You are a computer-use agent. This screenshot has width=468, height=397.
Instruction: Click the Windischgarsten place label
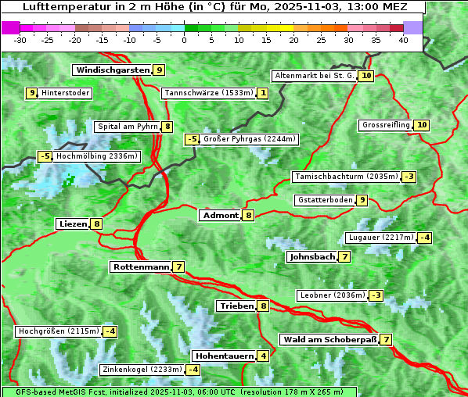pyautogui.click(x=113, y=70)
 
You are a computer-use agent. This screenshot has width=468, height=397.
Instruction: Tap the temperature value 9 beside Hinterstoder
pyautogui.click(x=32, y=93)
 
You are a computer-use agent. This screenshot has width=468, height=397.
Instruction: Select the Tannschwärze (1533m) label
pyautogui.click(x=208, y=93)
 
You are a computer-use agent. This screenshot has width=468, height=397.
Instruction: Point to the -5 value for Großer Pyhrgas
pyautogui.click(x=192, y=139)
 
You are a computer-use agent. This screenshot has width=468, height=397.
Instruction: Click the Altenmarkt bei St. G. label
pyautogui.click(x=315, y=76)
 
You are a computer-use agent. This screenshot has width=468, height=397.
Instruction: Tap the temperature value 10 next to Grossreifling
pyautogui.click(x=422, y=125)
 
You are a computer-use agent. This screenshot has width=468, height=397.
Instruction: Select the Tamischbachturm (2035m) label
pyautogui.click(x=345, y=177)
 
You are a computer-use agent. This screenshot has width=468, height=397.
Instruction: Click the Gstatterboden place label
pyautogui.click(x=325, y=200)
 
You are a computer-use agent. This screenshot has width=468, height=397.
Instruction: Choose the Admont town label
pyautogui.click(x=220, y=215)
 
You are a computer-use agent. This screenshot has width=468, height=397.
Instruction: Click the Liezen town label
pyautogui.click(x=73, y=224)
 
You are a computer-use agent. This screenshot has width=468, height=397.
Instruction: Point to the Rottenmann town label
pyautogui.click(x=141, y=266)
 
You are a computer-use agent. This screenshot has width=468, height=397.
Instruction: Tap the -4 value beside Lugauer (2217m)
pyautogui.click(x=424, y=238)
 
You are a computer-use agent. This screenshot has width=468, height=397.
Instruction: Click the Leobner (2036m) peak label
pyautogui.click(x=332, y=295)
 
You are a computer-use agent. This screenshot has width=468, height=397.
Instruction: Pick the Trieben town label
pyautogui.click(x=236, y=306)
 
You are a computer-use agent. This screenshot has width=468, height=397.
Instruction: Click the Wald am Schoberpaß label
pyautogui.click(x=329, y=339)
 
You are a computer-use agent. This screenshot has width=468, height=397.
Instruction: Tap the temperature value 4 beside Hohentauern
pyautogui.click(x=263, y=356)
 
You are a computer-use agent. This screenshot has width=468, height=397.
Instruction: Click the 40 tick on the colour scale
pyautogui.click(x=403, y=40)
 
